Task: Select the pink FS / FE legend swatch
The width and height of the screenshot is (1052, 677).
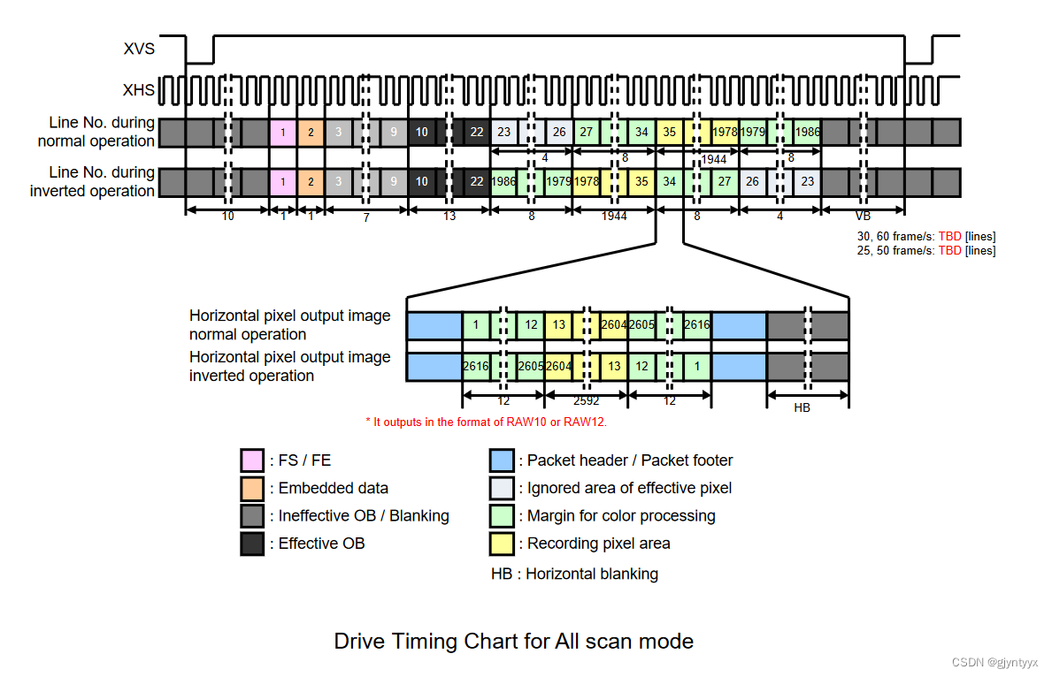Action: tap(252, 460)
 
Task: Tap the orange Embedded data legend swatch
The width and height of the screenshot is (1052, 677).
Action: tap(252, 488)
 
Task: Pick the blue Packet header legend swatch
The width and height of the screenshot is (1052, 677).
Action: tap(502, 460)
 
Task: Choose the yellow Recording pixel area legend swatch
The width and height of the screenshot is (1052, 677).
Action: tap(502, 544)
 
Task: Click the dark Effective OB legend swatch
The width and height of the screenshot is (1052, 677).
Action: tap(252, 544)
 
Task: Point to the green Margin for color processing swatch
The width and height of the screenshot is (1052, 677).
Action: tap(502, 515)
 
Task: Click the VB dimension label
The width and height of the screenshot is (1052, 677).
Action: tap(863, 217)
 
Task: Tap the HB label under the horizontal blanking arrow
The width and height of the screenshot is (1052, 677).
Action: tap(802, 408)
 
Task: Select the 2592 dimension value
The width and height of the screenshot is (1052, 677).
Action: tap(586, 400)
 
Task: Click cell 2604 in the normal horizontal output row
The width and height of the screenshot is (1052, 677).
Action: tap(613, 325)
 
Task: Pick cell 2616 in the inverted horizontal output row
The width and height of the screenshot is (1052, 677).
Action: tap(476, 366)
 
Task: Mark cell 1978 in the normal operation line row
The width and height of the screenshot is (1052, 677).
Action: tap(725, 133)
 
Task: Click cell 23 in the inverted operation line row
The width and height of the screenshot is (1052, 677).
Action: tap(807, 182)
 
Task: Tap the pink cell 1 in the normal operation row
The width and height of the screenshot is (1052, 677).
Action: tap(282, 133)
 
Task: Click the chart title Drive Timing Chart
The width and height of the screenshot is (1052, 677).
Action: tap(513, 641)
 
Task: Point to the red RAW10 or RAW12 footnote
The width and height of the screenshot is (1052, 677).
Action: tap(486, 422)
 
